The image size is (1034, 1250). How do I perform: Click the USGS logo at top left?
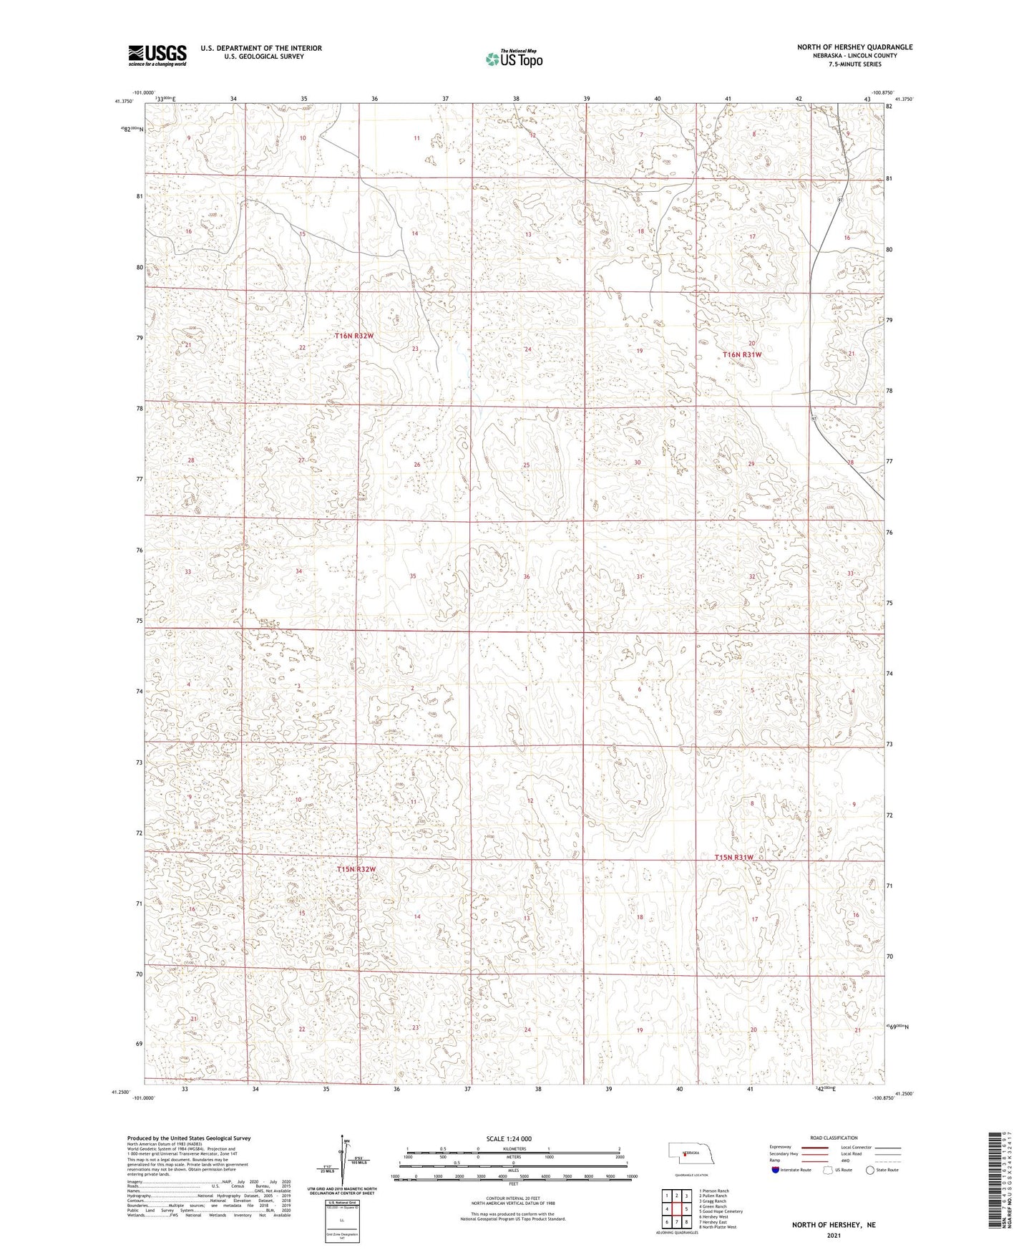(x=157, y=54)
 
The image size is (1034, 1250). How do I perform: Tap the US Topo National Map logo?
(x=513, y=59)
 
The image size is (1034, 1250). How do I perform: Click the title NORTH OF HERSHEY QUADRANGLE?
(x=855, y=47)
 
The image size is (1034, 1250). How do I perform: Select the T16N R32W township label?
(x=355, y=335)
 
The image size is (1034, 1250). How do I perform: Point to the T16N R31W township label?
(x=742, y=354)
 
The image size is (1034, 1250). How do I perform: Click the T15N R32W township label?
(x=356, y=869)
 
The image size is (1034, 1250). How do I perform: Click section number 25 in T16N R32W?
(x=527, y=465)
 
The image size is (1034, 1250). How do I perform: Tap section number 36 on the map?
(x=527, y=576)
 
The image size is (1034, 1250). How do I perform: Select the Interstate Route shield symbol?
(x=776, y=1170)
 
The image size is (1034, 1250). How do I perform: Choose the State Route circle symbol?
(x=870, y=1170)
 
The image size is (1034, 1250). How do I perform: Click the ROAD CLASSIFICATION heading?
(x=834, y=1138)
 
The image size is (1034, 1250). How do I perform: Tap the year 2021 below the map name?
(x=834, y=1235)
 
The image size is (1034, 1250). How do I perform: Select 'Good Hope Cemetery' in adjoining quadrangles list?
(x=722, y=1211)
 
